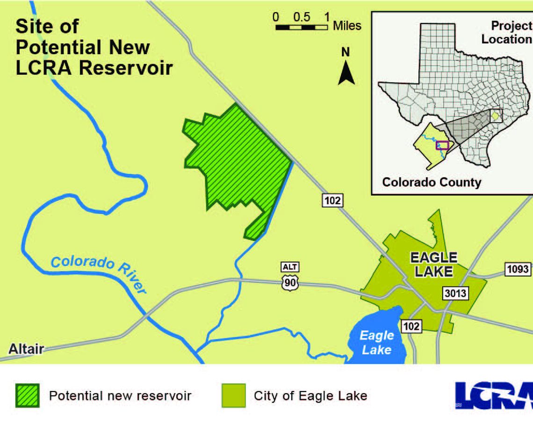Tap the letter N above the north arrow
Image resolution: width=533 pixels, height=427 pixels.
click(x=346, y=52)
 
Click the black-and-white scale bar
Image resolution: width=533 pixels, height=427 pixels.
click(x=301, y=28)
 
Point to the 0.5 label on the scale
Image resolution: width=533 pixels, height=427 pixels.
click(x=302, y=17)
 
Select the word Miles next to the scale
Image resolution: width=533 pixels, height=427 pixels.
click(x=347, y=26)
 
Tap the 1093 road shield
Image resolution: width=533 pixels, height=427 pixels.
click(x=518, y=269)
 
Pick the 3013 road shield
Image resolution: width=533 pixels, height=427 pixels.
click(x=455, y=293)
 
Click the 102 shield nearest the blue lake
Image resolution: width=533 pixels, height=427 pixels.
click(x=411, y=326)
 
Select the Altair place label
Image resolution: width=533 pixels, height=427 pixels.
click(x=26, y=349)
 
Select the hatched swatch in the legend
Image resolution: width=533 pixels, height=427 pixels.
click(x=27, y=396)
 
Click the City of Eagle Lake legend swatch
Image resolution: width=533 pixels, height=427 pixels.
click(x=233, y=396)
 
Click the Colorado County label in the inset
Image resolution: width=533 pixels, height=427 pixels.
click(x=432, y=182)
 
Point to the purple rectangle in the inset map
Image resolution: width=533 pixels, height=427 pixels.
click(x=442, y=145)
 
